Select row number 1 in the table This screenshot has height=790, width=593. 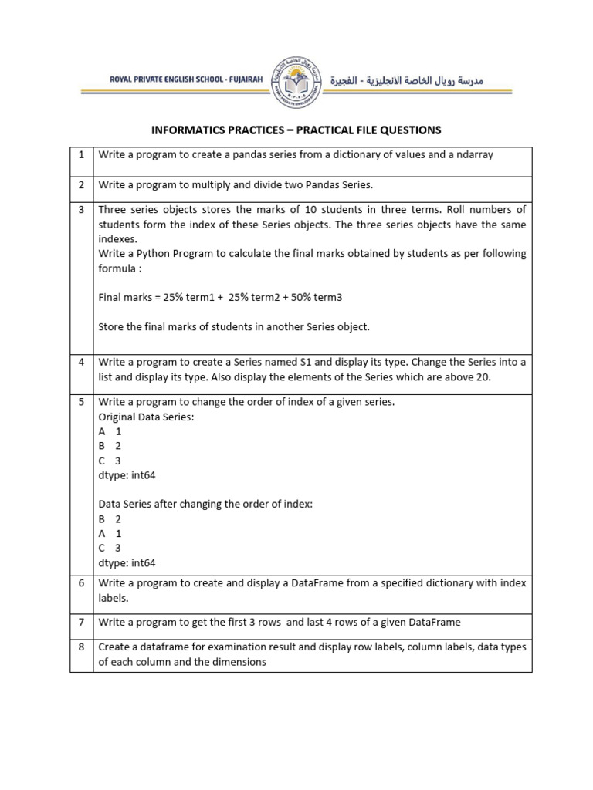(81, 154)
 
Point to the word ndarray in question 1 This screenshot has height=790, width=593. (473, 154)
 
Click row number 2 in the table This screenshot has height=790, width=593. (81, 185)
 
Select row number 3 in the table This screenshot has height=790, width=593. (81, 210)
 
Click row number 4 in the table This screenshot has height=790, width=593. (81, 362)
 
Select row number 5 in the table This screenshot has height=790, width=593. (81, 402)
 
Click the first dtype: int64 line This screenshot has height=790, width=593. (127, 475)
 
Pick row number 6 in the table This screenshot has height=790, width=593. (81, 583)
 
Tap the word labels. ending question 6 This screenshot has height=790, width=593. (114, 598)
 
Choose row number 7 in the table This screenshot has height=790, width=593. (81, 622)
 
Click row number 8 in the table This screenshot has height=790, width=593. (81, 647)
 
